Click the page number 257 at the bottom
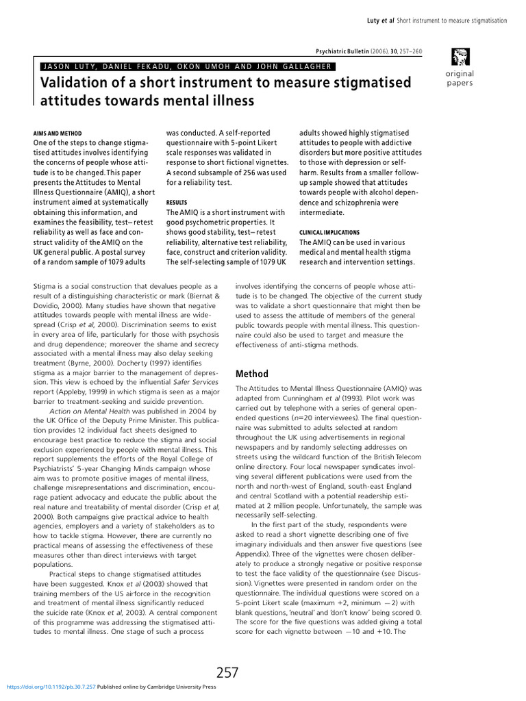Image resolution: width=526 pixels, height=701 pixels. [227, 673]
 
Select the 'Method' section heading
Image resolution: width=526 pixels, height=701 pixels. [251, 374]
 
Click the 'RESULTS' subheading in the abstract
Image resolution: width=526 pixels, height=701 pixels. [177, 203]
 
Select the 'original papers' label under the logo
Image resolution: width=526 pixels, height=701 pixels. [459, 78]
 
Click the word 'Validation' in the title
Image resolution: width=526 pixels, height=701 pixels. [76, 83]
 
